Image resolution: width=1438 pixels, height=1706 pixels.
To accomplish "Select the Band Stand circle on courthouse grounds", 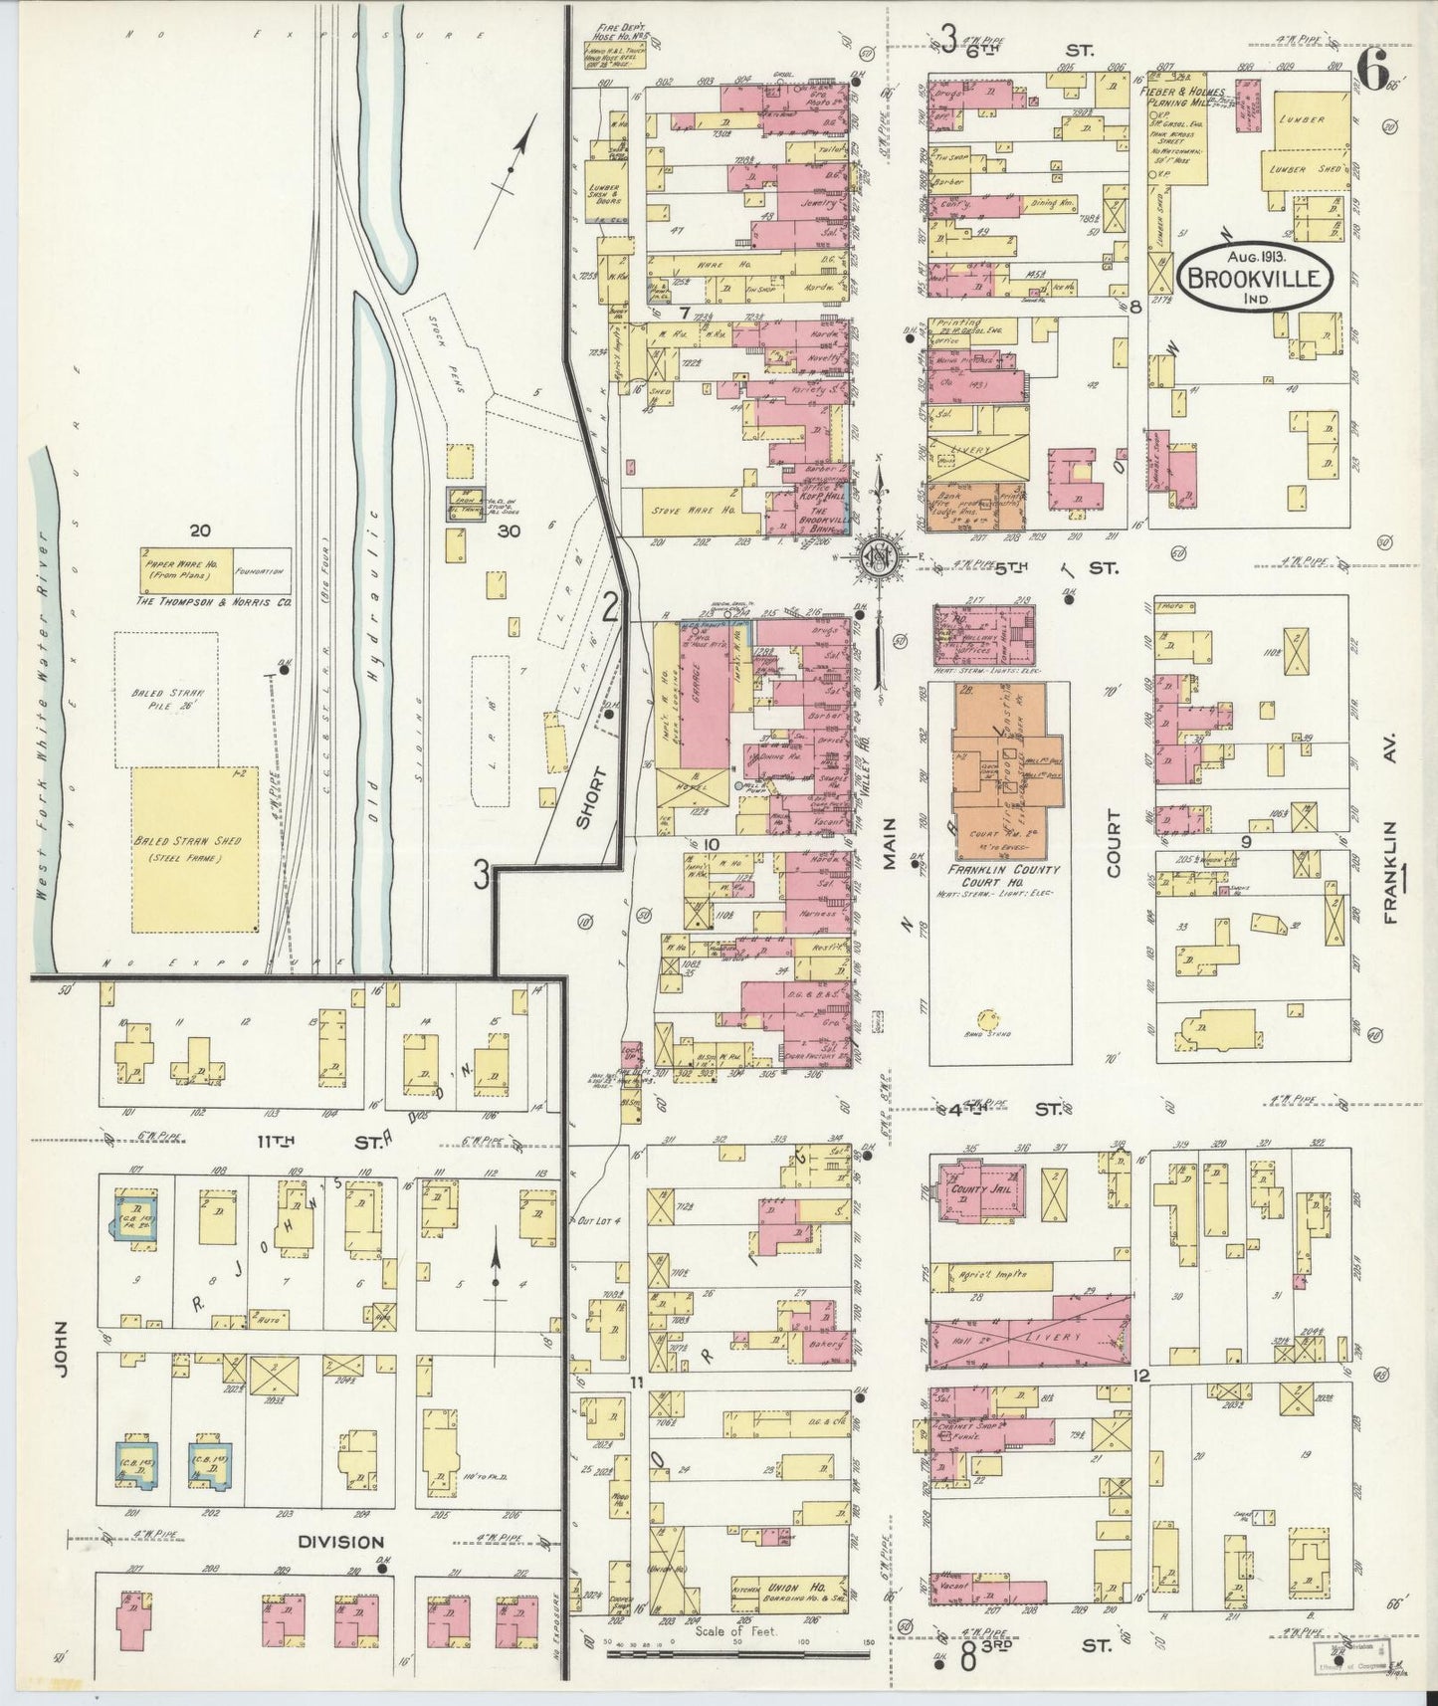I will (x=987, y=1018).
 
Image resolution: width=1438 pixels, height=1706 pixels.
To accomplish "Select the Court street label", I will (x=1112, y=843).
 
